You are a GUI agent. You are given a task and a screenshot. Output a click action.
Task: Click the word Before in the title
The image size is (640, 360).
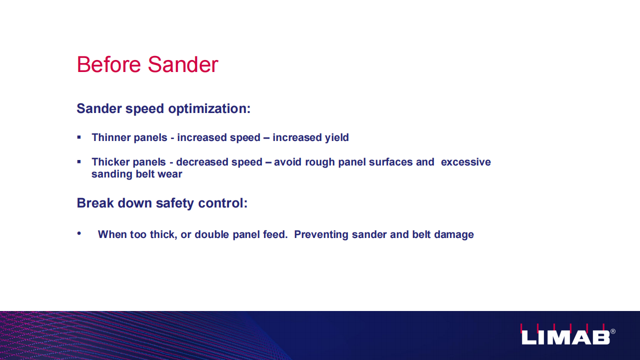pos(109,64)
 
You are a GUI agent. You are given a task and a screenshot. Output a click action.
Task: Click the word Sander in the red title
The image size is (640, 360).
pos(183,64)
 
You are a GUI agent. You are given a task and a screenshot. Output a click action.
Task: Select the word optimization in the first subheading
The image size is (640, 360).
pos(209,109)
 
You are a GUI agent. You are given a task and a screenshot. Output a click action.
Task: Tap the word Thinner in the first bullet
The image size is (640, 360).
pos(111,137)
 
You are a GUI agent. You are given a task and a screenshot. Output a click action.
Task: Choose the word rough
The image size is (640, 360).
pos(320,162)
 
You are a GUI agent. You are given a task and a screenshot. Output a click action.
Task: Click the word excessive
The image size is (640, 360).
pos(465,162)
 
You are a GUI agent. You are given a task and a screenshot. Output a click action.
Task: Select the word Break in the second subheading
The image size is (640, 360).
pos(95,203)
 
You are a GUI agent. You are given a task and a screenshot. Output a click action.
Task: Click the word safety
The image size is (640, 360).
pos(175,203)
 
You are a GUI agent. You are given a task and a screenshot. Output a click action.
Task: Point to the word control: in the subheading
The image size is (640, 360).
pos(223,203)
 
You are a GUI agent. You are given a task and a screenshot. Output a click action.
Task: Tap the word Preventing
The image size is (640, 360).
pos(321,235)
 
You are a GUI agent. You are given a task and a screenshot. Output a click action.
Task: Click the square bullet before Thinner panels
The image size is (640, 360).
pos(79,137)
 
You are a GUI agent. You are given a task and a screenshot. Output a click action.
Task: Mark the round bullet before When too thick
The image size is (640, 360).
pos(79,233)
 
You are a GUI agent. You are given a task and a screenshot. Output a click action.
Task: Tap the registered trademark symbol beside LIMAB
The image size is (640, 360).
pos(613,331)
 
